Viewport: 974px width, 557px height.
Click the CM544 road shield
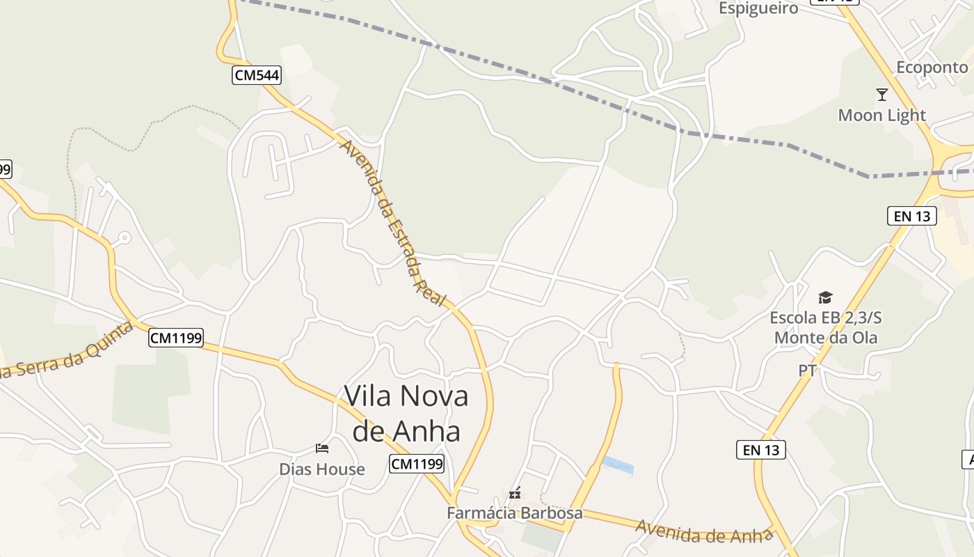pos(256,75)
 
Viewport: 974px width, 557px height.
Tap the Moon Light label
pos(881,115)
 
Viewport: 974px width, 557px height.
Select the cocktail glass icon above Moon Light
pos(882,94)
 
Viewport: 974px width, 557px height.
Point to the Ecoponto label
pos(932,68)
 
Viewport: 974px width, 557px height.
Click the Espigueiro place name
pos(758,8)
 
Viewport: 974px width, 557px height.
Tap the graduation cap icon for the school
pos(825,297)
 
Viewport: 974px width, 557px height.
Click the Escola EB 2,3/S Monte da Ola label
pos(825,328)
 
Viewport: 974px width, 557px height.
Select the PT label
pos(807,371)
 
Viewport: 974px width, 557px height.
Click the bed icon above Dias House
pos(321,448)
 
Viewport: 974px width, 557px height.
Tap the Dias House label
pos(321,469)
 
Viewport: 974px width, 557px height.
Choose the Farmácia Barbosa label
pos(514,513)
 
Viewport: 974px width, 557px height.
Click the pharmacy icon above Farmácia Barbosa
pos(515,494)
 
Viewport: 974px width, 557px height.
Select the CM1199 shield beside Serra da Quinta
pos(176,338)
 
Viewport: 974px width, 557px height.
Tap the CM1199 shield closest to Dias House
pos(416,464)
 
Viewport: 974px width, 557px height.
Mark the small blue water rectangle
pos(618,465)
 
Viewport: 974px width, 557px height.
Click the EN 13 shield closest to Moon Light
pos(912,216)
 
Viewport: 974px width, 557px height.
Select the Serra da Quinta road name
pos(66,352)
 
